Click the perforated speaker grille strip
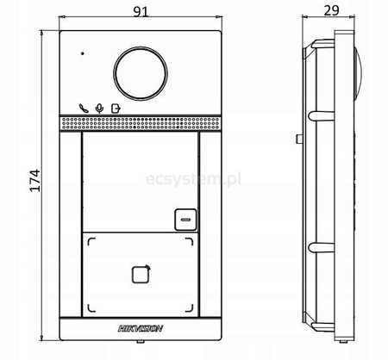click(x=141, y=125)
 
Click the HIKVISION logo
click(x=141, y=328)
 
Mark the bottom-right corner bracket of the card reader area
click(x=195, y=310)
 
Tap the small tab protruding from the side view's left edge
click(x=297, y=139)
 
